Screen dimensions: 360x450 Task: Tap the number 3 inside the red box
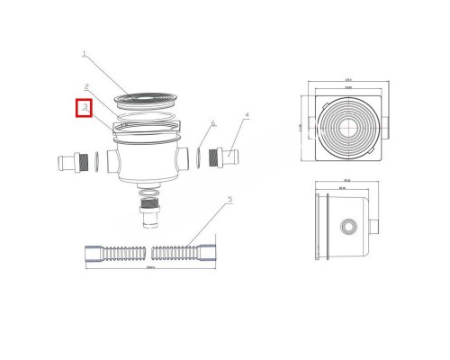pos(84,107)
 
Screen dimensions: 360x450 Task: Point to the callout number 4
pos(246,115)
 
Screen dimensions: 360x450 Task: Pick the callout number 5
pos(230,200)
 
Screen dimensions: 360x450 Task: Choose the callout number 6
pos(213,123)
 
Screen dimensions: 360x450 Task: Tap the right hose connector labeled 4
pos(225,154)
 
